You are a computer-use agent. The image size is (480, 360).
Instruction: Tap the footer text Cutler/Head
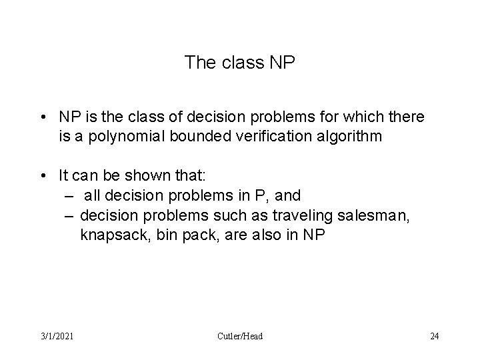240,336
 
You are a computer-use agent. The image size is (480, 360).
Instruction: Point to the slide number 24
435,336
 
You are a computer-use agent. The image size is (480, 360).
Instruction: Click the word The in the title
197,63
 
